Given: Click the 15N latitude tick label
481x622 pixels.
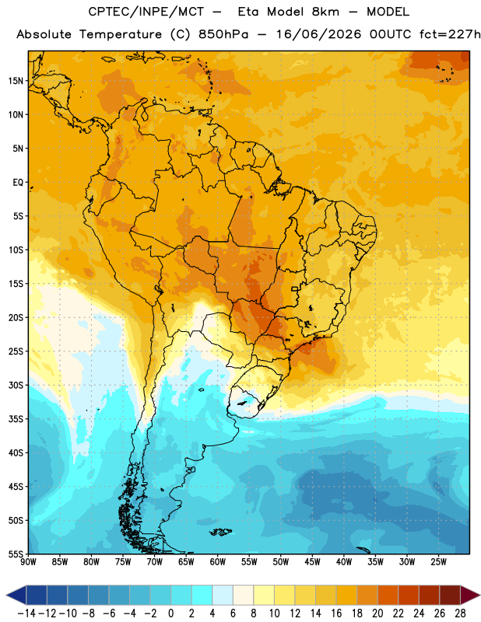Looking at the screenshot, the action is pyautogui.click(x=16, y=81).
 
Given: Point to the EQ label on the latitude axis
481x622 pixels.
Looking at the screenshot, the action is pyautogui.click(x=18, y=183).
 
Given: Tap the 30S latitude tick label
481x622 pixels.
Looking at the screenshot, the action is pyautogui.click(x=16, y=385).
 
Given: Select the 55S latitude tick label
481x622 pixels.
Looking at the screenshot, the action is pyautogui.click(x=16, y=554).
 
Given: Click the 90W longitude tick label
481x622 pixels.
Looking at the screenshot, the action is pyautogui.click(x=28, y=562).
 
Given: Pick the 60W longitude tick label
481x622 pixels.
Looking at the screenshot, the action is pyautogui.click(x=218, y=562).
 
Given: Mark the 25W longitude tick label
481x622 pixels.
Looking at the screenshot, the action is pyautogui.click(x=438, y=562).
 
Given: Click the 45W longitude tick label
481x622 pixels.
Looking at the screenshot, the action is pyautogui.click(x=312, y=562).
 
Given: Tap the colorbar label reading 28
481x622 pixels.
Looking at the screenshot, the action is pyautogui.click(x=460, y=613).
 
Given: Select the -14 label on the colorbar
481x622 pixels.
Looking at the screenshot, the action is pyautogui.click(x=26, y=613).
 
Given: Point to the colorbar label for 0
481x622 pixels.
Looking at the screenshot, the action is pyautogui.click(x=170, y=613).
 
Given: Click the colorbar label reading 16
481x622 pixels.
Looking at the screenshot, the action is pyautogui.click(x=336, y=613).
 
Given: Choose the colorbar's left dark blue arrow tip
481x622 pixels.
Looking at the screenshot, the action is pyautogui.click(x=6, y=595).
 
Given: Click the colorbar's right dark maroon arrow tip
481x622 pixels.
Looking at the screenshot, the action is pyautogui.click(x=479, y=595).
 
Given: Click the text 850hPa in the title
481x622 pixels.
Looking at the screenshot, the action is pyautogui.click(x=223, y=34).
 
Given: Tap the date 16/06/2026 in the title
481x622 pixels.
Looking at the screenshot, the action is pyautogui.click(x=318, y=34).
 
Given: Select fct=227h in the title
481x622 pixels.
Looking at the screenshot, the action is pyautogui.click(x=450, y=34).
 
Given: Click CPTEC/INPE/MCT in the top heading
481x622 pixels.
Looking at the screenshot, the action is pyautogui.click(x=146, y=12).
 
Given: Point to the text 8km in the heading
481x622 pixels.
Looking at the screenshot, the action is pyautogui.click(x=325, y=12).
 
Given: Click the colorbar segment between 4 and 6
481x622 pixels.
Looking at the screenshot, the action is pyautogui.click(x=223, y=595).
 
